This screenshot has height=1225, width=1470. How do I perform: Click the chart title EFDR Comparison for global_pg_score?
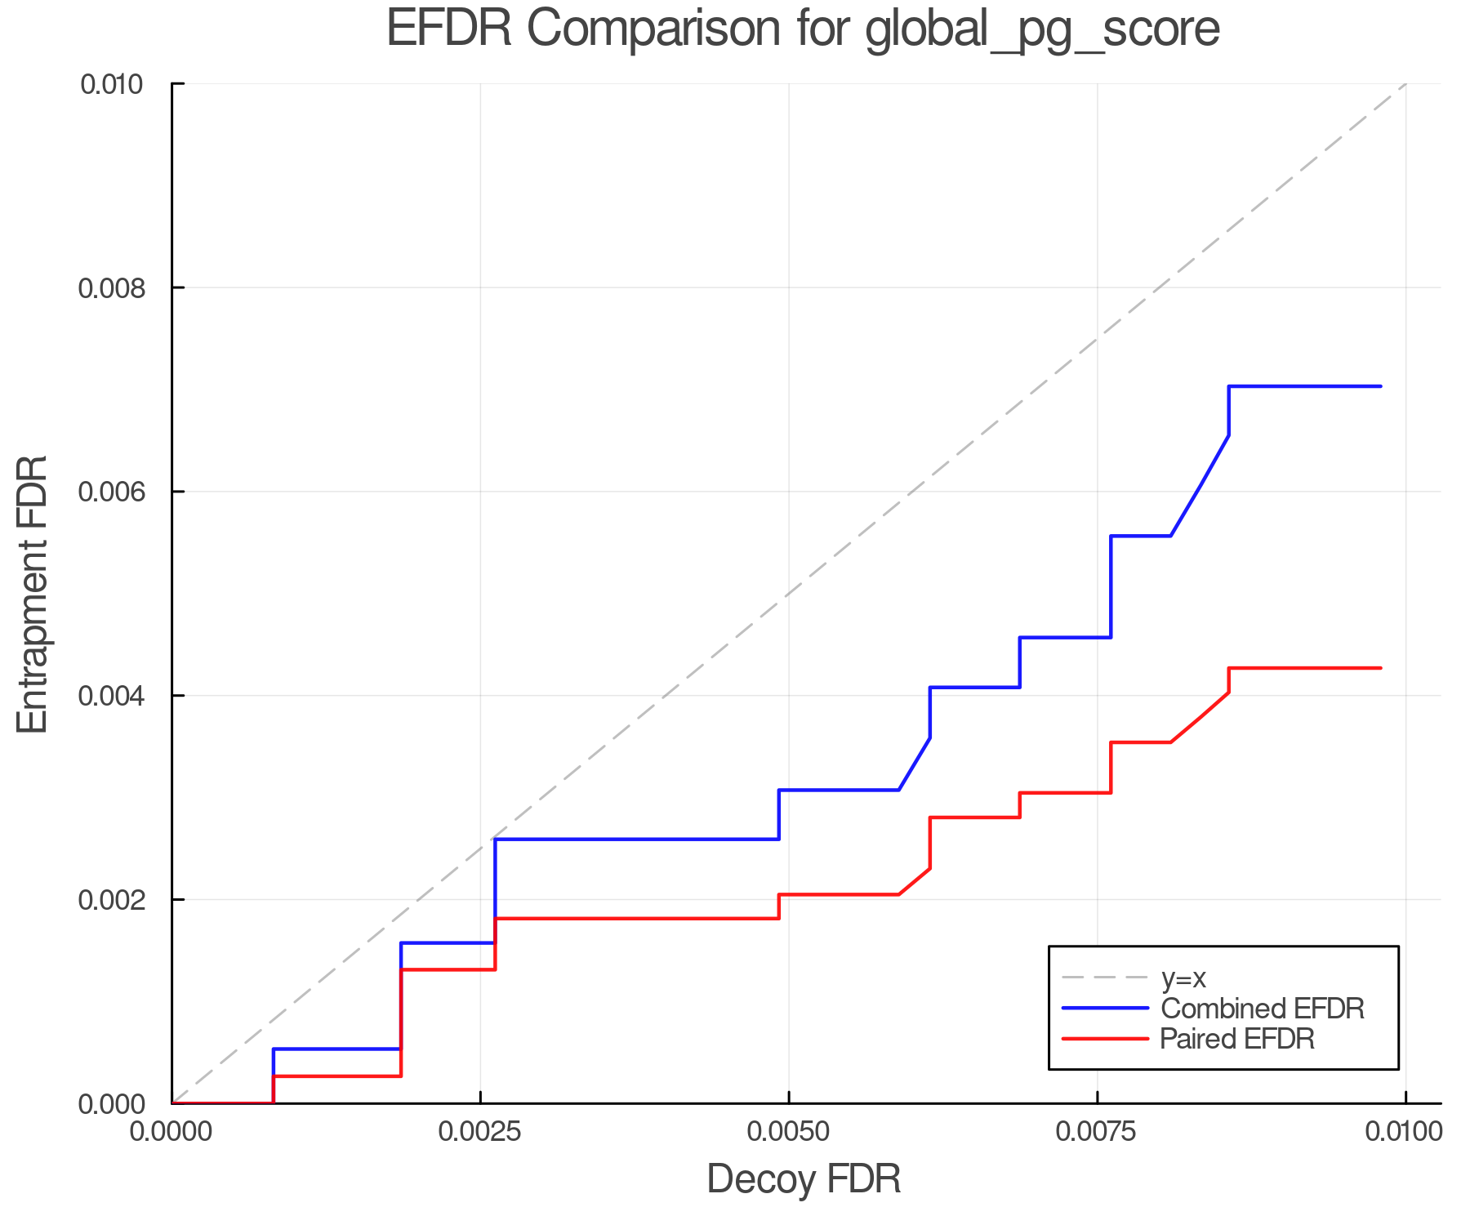point(803,29)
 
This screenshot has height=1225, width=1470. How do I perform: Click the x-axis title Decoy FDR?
point(804,1179)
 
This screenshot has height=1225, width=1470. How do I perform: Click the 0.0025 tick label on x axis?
point(480,1132)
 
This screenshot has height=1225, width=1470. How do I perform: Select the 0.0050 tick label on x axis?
point(788,1132)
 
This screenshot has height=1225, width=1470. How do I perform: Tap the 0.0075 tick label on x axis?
point(1097,1132)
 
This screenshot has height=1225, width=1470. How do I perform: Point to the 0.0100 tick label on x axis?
point(1405,1132)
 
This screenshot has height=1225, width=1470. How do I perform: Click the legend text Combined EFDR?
point(1262,1009)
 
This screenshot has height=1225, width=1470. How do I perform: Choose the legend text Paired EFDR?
point(1237,1039)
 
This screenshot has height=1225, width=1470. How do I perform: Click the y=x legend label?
point(1183,978)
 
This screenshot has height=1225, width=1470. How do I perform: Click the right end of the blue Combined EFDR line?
point(1380,386)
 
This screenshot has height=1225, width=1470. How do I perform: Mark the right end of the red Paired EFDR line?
point(1380,668)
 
